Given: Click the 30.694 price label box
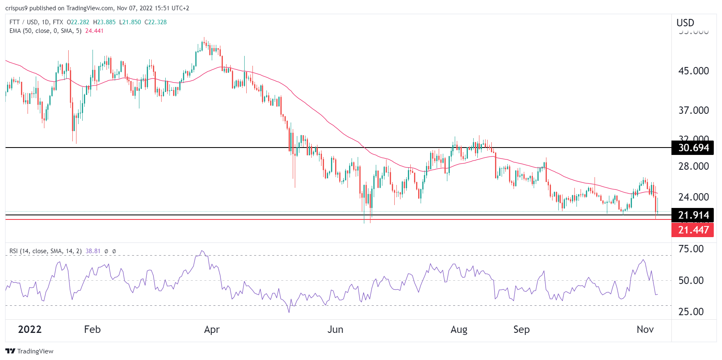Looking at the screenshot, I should coord(693,148).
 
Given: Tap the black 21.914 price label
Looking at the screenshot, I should coord(693,215).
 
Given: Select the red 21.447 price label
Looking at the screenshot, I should coord(693,230).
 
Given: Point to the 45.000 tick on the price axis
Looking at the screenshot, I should coord(694,71).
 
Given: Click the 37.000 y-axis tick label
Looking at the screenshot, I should coord(694,111).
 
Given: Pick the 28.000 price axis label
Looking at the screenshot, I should coord(694,166).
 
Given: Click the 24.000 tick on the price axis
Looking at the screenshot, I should coord(694,197).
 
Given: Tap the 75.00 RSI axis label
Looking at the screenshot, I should coord(691,249).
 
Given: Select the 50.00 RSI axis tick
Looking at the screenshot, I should coord(691,281).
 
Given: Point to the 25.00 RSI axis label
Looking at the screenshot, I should coord(691,312).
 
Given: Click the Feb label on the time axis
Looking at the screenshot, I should coord(92,330).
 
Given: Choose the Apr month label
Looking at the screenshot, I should coord(212,330).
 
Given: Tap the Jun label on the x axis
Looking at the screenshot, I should coord(335,330).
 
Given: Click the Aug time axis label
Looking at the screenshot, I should coord(459,330).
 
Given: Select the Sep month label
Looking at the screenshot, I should coord(521,330).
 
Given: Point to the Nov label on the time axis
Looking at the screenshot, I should coord(645,330).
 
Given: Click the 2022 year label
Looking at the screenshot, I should coord(30,330).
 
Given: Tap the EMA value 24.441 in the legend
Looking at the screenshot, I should coord(94,31).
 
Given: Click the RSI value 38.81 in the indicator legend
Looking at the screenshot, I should coord(93,251).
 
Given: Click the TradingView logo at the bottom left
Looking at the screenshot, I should coord(29,351).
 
